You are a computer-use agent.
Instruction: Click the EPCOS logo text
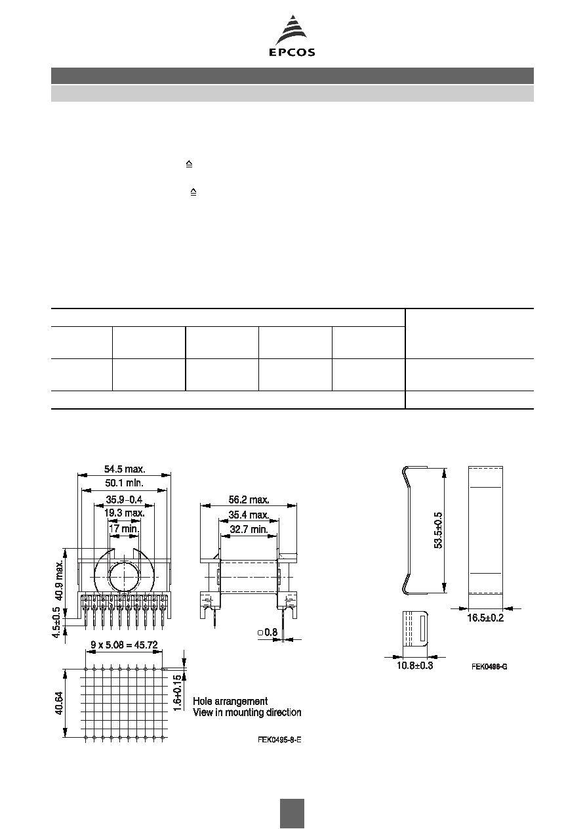pyautogui.click(x=292, y=53)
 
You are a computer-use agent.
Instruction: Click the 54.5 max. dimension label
pyautogui.click(x=125, y=469)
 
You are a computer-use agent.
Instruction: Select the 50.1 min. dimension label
pyautogui.click(x=124, y=483)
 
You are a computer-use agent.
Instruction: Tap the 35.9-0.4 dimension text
pyautogui.click(x=124, y=500)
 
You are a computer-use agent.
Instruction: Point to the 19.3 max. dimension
pyautogui.click(x=124, y=513)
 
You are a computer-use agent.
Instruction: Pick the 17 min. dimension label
pyautogui.click(x=124, y=529)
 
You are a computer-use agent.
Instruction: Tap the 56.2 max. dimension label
pyautogui.click(x=249, y=500)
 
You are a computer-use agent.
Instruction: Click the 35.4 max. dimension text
pyautogui.click(x=249, y=515)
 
